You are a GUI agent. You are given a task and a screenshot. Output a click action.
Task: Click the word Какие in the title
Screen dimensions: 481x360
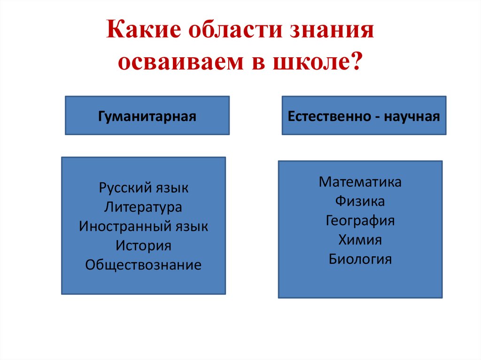pyautogui.click(x=144, y=30)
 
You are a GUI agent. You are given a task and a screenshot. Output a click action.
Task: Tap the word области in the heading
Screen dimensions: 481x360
pyautogui.click(x=235, y=30)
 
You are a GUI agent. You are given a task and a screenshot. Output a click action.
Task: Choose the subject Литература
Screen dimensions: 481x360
pyautogui.click(x=143, y=207)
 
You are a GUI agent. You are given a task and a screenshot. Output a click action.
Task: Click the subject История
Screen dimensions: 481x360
pyautogui.click(x=143, y=245)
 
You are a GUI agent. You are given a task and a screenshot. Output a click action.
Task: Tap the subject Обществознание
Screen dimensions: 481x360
pyautogui.click(x=143, y=265)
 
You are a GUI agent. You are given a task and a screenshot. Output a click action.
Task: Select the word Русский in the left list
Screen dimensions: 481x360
pyautogui.click(x=125, y=188)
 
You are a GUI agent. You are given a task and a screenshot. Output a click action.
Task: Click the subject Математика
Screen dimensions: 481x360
pyautogui.click(x=360, y=182)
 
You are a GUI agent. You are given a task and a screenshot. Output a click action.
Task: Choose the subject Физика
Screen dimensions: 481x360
pyautogui.click(x=360, y=201)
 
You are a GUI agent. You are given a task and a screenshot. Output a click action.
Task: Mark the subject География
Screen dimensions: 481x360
pyautogui.click(x=360, y=221)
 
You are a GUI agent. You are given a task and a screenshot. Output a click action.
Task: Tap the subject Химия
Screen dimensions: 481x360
pyautogui.click(x=360, y=240)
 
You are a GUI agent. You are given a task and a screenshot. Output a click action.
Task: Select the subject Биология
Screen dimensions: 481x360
pyautogui.click(x=360, y=259)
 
